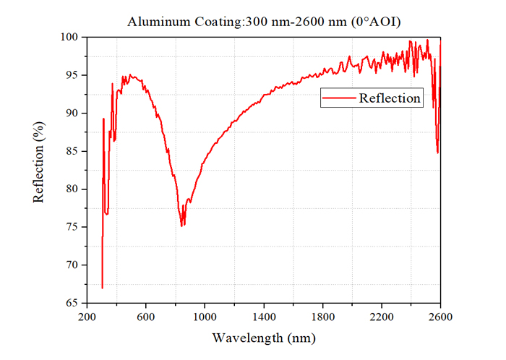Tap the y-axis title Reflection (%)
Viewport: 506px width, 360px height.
click(x=38, y=162)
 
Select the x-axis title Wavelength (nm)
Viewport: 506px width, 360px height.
click(x=264, y=338)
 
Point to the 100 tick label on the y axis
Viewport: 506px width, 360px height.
click(x=69, y=37)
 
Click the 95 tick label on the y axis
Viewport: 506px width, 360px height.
click(x=72, y=75)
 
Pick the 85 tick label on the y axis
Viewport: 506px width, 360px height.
click(x=72, y=151)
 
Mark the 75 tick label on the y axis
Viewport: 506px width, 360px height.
click(x=72, y=227)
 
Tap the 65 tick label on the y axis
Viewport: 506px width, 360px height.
click(x=72, y=303)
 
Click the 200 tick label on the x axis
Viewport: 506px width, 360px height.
click(x=87, y=317)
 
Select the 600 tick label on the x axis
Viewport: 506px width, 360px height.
click(x=146, y=317)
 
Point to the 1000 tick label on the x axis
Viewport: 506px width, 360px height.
click(x=205, y=317)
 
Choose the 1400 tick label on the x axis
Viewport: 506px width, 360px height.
click(x=264, y=317)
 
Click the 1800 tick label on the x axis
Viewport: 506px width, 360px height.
click(x=322, y=317)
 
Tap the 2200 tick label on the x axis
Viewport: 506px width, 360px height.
click(x=382, y=317)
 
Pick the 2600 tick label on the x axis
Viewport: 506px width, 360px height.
click(x=440, y=317)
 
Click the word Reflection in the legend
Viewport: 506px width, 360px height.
click(x=390, y=98)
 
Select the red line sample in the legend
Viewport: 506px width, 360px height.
click(x=339, y=98)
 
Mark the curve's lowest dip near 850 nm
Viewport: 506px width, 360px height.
click(x=181, y=226)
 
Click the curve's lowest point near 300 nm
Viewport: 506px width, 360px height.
click(x=103, y=288)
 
